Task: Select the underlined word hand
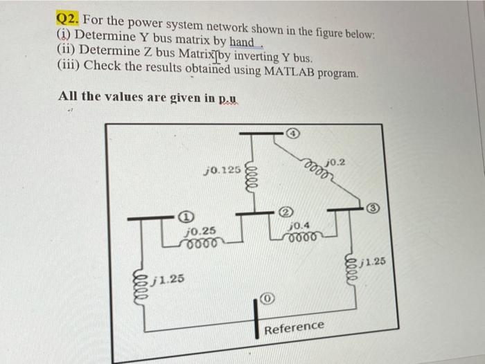242,42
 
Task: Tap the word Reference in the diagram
294,326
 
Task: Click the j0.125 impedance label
222,168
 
